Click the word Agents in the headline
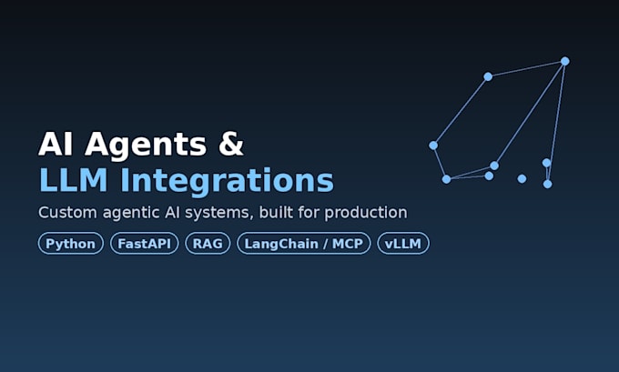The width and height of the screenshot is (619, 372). click(x=146, y=146)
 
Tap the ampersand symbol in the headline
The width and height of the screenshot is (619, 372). click(x=231, y=143)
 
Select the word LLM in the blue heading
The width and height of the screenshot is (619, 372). click(x=74, y=180)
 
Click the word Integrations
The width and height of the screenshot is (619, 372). click(x=227, y=182)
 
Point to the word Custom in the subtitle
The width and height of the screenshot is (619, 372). click(x=67, y=212)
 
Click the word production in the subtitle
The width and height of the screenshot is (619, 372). click(x=366, y=213)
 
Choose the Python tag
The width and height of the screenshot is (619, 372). click(x=71, y=244)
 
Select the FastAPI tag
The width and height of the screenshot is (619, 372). click(x=145, y=244)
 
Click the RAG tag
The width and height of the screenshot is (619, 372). click(x=208, y=244)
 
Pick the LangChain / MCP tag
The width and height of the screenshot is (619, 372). click(x=303, y=244)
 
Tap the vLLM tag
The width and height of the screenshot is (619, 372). click(x=403, y=244)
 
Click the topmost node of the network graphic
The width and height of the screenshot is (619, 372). click(x=565, y=61)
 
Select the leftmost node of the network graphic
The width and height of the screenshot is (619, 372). click(x=433, y=146)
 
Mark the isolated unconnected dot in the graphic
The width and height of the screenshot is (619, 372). click(x=522, y=178)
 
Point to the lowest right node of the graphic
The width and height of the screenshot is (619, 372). click(x=548, y=184)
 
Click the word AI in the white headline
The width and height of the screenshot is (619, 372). click(x=56, y=144)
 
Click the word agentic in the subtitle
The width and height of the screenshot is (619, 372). click(x=130, y=214)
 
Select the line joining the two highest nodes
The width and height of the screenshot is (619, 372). click(x=527, y=68)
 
